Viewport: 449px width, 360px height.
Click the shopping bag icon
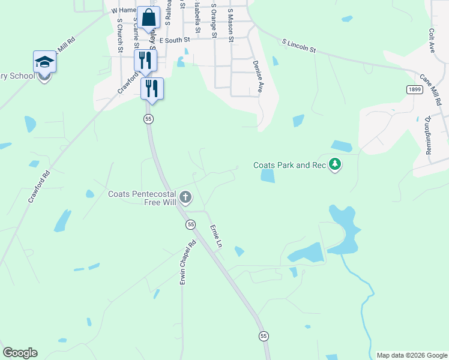(146, 17)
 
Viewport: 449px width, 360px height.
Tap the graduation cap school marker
(44, 62)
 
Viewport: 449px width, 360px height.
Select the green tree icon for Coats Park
(336, 164)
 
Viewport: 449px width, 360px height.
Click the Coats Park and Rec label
(289, 165)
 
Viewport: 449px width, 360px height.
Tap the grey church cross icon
(185, 197)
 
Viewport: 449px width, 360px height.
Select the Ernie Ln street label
(215, 236)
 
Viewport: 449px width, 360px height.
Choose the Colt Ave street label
(431, 41)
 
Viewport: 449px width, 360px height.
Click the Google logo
(20, 353)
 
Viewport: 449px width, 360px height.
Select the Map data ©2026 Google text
(411, 355)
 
